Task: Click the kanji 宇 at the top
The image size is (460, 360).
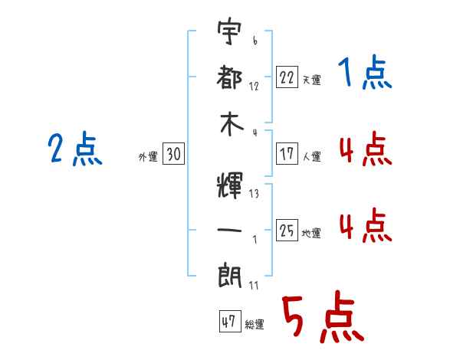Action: pos(229,31)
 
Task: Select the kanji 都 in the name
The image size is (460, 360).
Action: pos(229,77)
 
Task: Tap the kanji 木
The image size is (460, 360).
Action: pos(232,124)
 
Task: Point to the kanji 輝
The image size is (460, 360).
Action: pos(230,185)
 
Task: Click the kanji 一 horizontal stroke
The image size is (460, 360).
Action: pos(230,230)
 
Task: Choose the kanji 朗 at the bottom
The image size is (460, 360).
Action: pos(230,277)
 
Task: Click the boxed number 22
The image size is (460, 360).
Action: pos(287,77)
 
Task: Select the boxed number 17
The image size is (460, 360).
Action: pos(287,154)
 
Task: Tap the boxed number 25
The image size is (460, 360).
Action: pos(287,230)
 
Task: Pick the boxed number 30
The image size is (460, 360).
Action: pos(173,154)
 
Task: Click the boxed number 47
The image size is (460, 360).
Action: pos(230,321)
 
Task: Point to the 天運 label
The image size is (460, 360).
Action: pos(311,80)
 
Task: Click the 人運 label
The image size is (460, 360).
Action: pos(311,156)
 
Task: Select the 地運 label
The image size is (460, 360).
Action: pos(311,233)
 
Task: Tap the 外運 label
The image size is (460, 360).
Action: pos(148,156)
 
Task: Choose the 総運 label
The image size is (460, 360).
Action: pos(255,324)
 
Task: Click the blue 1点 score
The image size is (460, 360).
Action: pos(365,72)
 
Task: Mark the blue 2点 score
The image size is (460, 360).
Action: pos(75,149)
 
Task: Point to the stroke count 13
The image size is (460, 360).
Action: pos(254,194)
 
